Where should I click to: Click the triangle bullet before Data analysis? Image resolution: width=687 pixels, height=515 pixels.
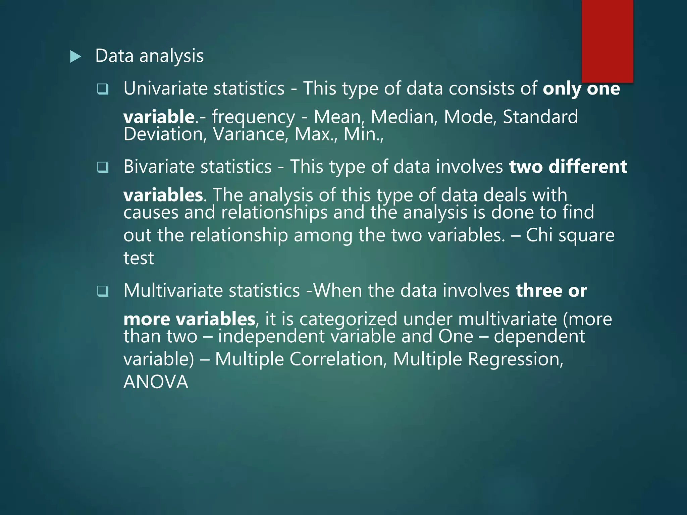pos(75,57)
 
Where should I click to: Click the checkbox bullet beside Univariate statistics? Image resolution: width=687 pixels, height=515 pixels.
pos(103,89)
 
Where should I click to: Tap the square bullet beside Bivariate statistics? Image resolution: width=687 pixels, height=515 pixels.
pos(103,167)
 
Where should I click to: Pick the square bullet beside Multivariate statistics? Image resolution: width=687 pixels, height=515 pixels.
pos(103,291)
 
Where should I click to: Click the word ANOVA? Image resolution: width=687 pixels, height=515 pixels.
pos(156,382)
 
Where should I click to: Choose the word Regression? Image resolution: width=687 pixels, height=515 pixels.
pos(515,359)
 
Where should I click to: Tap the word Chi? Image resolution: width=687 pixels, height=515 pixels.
pos(539,235)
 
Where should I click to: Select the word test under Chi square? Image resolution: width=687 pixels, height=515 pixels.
pos(139,258)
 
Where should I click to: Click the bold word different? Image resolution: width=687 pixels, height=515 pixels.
pos(588,167)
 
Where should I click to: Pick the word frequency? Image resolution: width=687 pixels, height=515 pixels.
pos(253,117)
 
